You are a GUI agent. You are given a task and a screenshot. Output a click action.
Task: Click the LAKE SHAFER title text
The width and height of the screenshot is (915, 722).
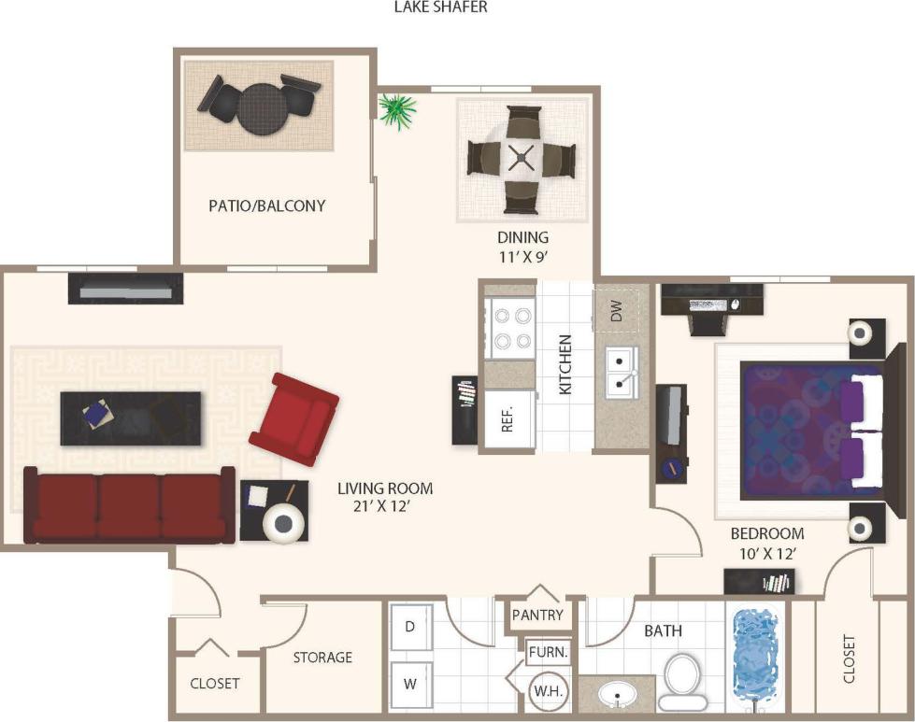pyautogui.click(x=441, y=7)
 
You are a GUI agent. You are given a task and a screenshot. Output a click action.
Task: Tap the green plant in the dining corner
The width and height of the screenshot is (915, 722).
pyautogui.click(x=398, y=110)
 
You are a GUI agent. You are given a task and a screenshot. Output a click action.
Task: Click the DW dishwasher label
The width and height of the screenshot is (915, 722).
pyautogui.click(x=617, y=312)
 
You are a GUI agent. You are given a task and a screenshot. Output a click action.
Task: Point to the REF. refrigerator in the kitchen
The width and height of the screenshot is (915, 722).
pyautogui.click(x=508, y=420)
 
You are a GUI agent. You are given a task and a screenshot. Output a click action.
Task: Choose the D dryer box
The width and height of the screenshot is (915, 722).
pyautogui.click(x=410, y=627)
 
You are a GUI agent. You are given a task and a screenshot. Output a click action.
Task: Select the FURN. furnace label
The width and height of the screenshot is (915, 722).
pyautogui.click(x=548, y=652)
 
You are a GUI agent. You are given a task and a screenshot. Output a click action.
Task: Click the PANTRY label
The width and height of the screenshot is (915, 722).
pyautogui.click(x=537, y=615)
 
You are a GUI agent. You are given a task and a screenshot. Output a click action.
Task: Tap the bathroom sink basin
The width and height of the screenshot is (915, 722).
pyautogui.click(x=616, y=695)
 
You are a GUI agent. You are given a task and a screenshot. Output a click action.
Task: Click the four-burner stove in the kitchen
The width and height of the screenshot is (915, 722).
pyautogui.click(x=509, y=328)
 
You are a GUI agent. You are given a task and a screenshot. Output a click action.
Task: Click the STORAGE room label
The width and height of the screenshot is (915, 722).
pyautogui.click(x=322, y=658)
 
